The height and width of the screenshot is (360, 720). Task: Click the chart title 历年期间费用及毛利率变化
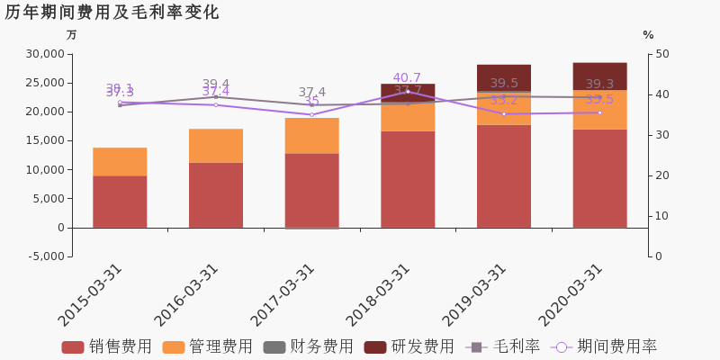(x=112, y=13)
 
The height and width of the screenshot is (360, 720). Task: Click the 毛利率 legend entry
(x=502, y=346)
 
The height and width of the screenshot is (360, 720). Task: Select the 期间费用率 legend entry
(x=605, y=346)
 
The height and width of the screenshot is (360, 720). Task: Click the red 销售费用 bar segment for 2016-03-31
(x=216, y=194)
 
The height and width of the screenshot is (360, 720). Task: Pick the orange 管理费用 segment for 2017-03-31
(x=312, y=135)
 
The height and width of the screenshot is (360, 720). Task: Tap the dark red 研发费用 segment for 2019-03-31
(x=504, y=77)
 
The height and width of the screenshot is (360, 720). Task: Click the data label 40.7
(x=407, y=78)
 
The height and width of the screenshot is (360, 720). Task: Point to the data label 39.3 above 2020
(x=599, y=85)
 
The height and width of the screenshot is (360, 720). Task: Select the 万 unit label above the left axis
(x=72, y=35)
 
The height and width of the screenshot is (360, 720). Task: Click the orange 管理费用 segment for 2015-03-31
(x=120, y=161)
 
